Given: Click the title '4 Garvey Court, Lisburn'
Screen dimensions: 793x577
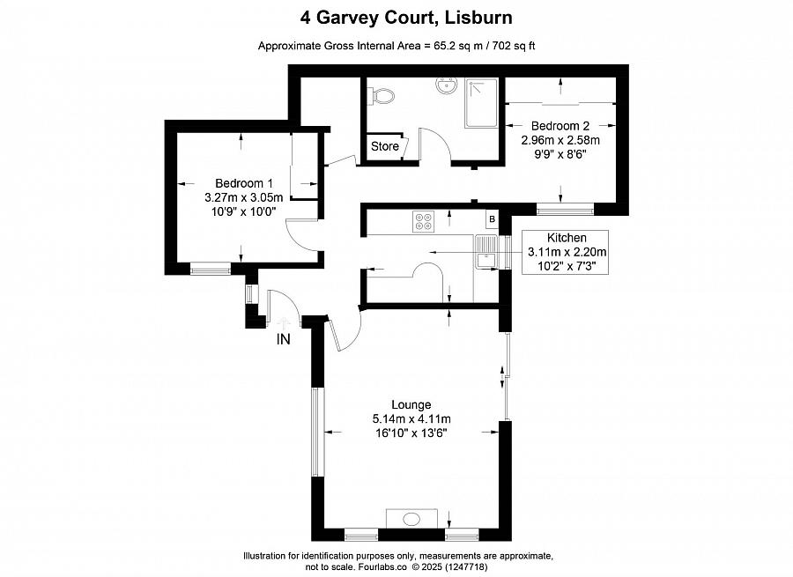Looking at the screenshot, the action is point(406,18).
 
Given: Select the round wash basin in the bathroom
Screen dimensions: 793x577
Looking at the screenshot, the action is point(446,85).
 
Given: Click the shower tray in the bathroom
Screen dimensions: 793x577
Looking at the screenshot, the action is point(481,103).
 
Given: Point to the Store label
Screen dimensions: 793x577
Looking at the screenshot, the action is point(385,146).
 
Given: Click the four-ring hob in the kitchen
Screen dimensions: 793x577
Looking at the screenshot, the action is point(423,221).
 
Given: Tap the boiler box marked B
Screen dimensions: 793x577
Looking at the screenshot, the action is point(492,219).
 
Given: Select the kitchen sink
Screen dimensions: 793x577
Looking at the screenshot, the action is point(486,252).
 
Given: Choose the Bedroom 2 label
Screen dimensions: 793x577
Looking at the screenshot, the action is point(560,125).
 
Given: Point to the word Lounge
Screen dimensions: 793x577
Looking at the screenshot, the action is point(411,404).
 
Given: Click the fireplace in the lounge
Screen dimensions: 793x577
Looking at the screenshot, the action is point(412,519).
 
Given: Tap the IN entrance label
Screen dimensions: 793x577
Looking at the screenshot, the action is point(283,339).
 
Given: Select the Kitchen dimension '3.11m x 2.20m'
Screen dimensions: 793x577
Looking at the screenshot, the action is point(567,252).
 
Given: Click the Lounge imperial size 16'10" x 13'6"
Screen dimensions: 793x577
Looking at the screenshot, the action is point(411,433).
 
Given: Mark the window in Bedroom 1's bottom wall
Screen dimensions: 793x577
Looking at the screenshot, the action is point(211,269).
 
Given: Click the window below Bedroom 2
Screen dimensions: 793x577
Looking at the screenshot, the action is point(565,209).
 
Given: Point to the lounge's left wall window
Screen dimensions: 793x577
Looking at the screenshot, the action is point(317,432).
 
